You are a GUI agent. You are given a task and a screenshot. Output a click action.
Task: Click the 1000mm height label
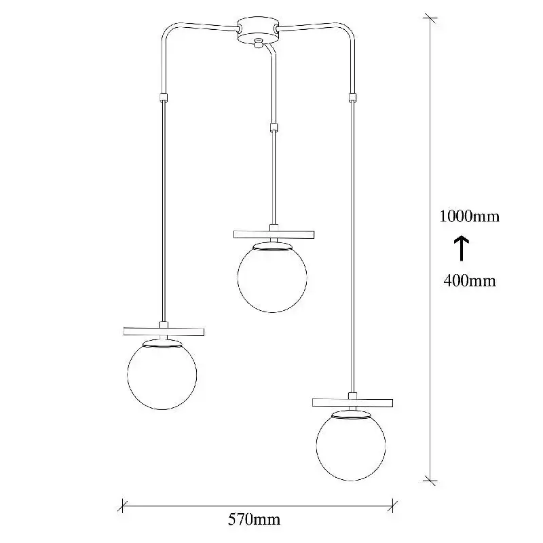470,217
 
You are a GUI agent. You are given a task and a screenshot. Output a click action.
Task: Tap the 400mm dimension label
470,280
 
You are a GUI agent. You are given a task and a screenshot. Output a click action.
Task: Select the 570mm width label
254,519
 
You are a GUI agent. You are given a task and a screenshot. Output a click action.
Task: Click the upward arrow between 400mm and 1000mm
462,248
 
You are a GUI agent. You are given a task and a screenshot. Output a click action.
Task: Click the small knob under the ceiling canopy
258,43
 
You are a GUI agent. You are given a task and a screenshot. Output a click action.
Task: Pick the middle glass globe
272,278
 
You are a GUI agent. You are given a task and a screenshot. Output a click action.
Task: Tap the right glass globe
351,446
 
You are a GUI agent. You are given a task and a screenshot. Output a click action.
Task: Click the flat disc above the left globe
164,331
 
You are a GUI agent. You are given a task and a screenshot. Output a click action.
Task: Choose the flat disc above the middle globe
274,234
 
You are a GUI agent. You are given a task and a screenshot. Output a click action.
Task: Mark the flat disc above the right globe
352,402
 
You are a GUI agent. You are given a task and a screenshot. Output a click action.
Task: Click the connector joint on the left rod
164,97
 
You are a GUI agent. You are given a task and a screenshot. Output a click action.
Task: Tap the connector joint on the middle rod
274,128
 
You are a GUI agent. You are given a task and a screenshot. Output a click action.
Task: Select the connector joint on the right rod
352,97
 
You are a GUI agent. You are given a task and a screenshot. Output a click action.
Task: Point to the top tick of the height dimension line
430,18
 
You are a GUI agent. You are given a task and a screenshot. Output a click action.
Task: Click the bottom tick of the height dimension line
430,481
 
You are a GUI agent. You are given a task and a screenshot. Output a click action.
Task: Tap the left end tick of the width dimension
123,506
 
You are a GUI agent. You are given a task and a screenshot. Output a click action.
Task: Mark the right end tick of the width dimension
392,506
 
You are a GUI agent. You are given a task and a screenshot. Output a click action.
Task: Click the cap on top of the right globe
351,415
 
